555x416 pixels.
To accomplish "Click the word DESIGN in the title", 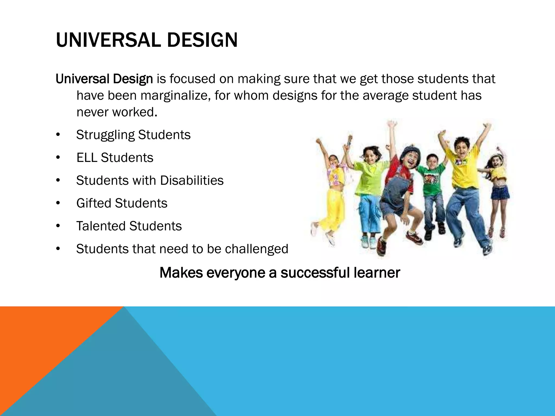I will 202,40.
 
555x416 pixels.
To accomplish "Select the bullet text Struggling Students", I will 133,135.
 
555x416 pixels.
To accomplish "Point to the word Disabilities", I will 192,180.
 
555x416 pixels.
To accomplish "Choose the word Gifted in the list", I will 93,203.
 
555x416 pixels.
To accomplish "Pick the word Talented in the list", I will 101,226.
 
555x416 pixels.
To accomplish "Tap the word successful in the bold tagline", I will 315,273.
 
